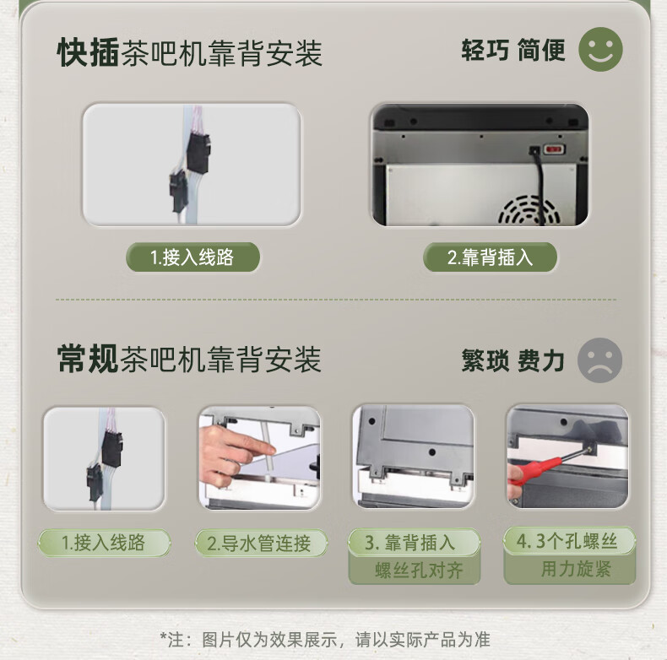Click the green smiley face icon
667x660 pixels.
point(600,49)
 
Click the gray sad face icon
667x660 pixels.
point(599,360)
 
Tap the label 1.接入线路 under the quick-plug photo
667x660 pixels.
point(193,257)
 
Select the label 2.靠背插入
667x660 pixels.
point(490,257)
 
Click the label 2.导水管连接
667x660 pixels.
point(261,543)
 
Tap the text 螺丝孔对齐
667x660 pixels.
point(419,570)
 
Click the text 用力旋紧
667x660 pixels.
point(576,569)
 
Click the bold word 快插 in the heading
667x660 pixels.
point(88,52)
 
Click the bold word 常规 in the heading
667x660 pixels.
point(88,359)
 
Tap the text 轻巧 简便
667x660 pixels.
point(513,50)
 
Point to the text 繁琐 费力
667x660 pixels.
point(513,360)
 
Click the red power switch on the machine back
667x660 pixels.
point(553,149)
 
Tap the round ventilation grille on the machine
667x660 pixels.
point(529,210)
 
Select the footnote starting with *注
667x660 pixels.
point(325,639)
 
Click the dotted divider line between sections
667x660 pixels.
point(336,300)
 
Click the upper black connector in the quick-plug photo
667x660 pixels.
point(198,152)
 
